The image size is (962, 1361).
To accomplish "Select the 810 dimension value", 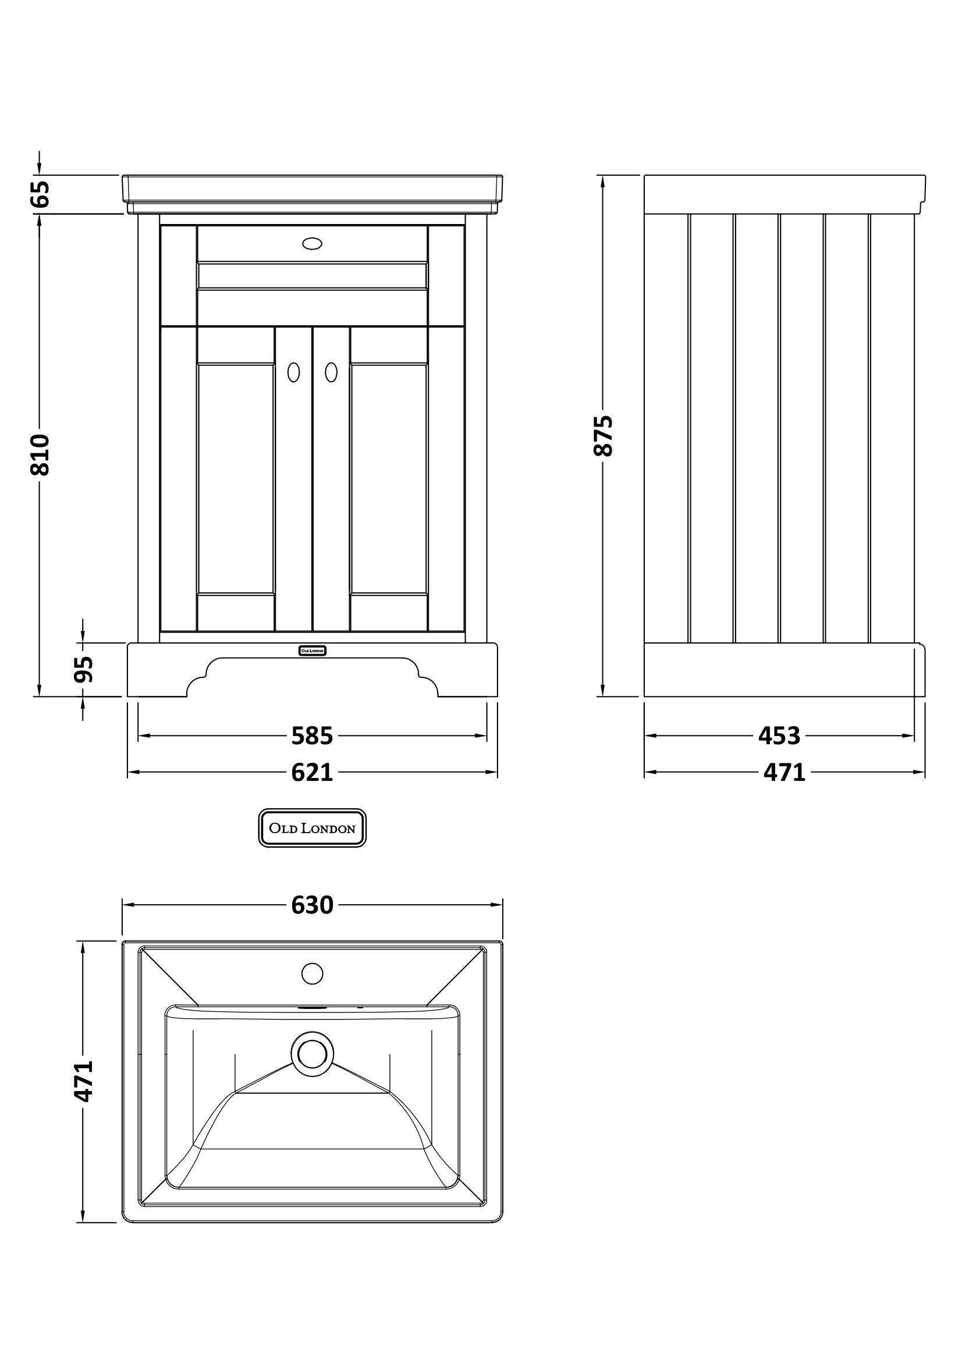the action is coord(41,454).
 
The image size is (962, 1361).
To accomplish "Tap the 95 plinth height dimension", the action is coord(84,669).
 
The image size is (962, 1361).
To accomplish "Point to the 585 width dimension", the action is coord(313,736).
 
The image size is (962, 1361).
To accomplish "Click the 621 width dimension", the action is coord(313,772).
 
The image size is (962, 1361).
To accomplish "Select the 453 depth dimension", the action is coord(779,736).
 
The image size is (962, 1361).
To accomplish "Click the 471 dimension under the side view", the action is coord(784,772).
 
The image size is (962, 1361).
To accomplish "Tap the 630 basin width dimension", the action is coord(313,905).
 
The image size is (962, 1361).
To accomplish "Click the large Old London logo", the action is coord(313,827).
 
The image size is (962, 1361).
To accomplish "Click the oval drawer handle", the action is coord(312,243).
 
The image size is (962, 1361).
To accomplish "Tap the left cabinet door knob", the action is coord(293,372).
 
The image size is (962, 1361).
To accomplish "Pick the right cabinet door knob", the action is coord(331,372).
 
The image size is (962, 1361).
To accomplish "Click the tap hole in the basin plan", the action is coord(312,973).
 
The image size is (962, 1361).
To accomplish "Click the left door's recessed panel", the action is coord(236,479).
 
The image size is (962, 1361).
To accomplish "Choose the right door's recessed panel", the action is coord(389,479).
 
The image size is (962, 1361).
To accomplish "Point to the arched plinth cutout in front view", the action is coord(313,677).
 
